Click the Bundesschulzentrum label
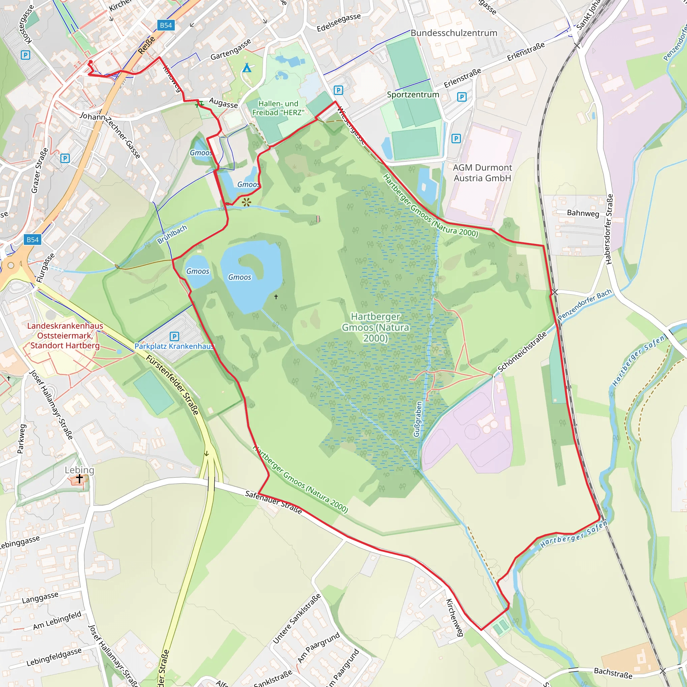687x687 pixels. tap(454, 33)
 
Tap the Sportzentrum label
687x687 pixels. tap(413, 95)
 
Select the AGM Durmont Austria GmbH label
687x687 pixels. tap(482, 173)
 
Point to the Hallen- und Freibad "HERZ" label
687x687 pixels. tap(278, 108)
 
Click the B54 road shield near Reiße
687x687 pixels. tap(166, 25)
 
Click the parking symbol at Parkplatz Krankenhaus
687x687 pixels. tap(174, 336)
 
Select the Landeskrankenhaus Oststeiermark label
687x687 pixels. tap(65, 335)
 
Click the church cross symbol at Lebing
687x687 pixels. tap(79, 479)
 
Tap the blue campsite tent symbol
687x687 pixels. tap(247, 67)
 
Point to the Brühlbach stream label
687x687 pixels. tap(172, 234)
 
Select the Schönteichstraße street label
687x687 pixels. tap(522, 352)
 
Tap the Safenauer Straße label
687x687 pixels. tap(273, 503)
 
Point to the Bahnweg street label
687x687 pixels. tap(583, 213)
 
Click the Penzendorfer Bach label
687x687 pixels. tap(585, 304)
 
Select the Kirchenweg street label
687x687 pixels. tap(455, 617)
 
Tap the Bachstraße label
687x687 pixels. tap(613, 673)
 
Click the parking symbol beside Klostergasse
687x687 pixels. tap(25, 55)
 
